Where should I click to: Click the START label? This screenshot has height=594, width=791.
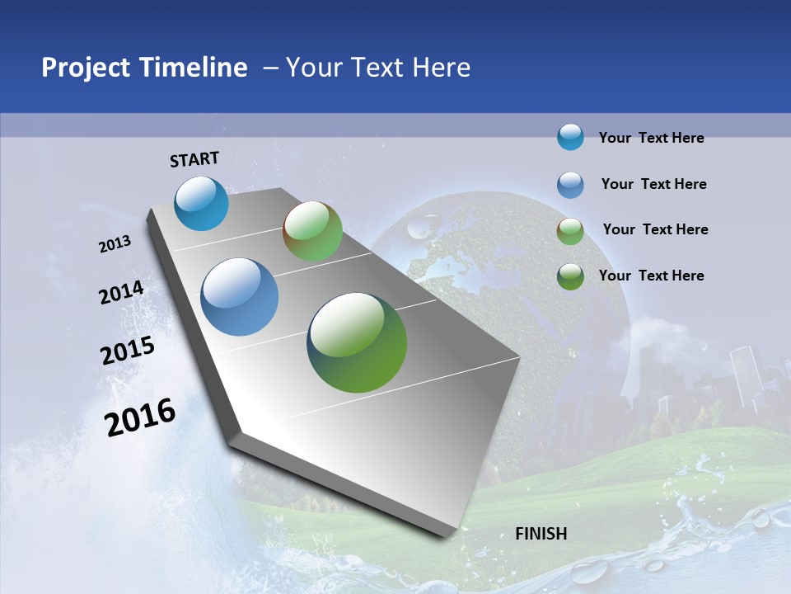pos(194,159)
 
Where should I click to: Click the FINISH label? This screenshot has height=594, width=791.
pos(541,534)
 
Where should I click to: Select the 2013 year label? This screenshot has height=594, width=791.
pos(115,244)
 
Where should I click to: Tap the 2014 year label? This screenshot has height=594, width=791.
pos(121,293)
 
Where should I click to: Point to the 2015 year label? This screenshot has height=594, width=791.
pos(127,351)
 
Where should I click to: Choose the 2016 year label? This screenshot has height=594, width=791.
pos(140,417)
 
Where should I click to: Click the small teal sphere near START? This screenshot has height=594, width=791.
pos(201,203)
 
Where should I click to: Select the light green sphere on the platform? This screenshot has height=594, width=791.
pos(312,231)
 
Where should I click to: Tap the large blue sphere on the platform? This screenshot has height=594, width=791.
pos(239,297)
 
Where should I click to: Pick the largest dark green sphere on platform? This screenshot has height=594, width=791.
pos(357,342)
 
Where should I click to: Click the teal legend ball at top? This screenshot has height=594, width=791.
pos(570,137)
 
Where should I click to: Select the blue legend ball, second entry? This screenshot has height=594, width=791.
pos(570,185)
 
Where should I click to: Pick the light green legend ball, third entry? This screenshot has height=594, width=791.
pos(570,231)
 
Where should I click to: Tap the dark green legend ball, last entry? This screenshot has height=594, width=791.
pos(570,276)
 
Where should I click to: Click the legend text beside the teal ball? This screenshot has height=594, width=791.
pos(651,138)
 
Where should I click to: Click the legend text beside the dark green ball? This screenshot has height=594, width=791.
pos(651,276)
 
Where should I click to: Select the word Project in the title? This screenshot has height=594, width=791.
pos(82,68)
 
